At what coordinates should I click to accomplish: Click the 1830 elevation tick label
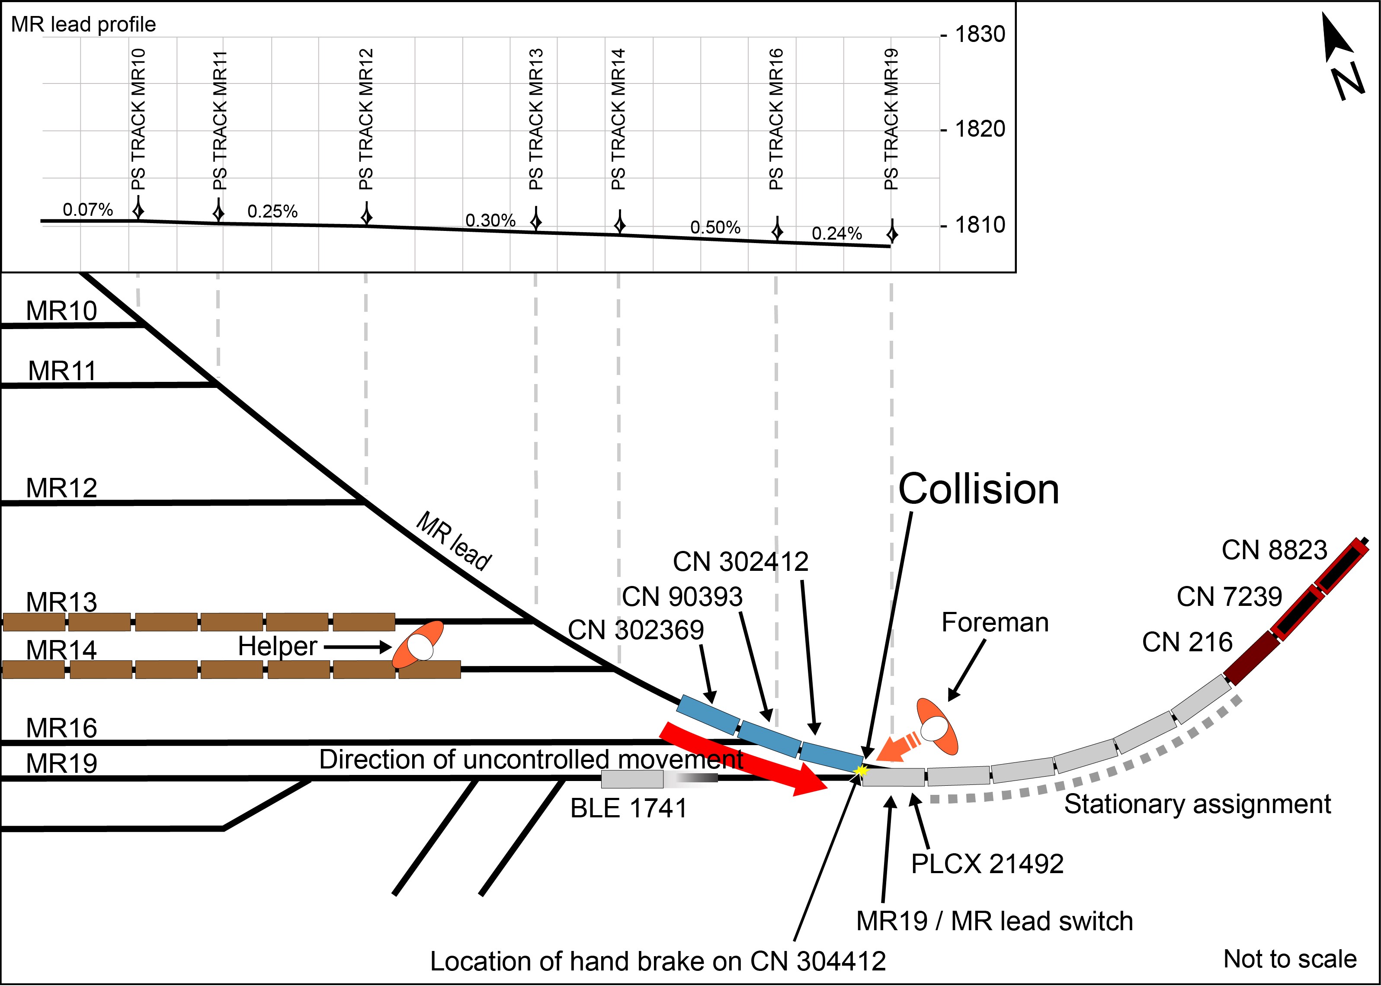980,34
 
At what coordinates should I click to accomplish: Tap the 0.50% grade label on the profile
715,227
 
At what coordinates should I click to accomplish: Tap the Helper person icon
419,645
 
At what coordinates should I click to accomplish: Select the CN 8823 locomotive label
1274,550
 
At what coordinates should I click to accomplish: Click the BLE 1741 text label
629,808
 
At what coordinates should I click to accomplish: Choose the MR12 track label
61,488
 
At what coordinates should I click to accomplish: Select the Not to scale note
1290,959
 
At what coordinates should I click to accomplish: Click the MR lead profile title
84,24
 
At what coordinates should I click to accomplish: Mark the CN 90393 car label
682,597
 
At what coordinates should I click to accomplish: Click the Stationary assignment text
1197,804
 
